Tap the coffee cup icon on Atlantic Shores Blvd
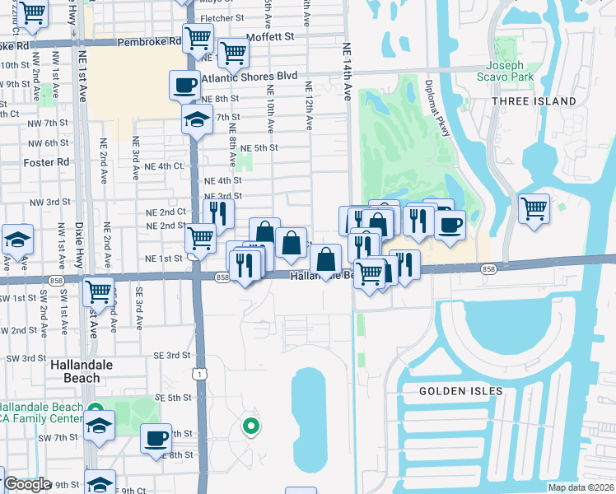tap(184, 84)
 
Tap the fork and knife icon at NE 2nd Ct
tap(218, 213)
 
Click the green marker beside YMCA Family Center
tap(96, 409)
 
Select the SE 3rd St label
tap(172, 355)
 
